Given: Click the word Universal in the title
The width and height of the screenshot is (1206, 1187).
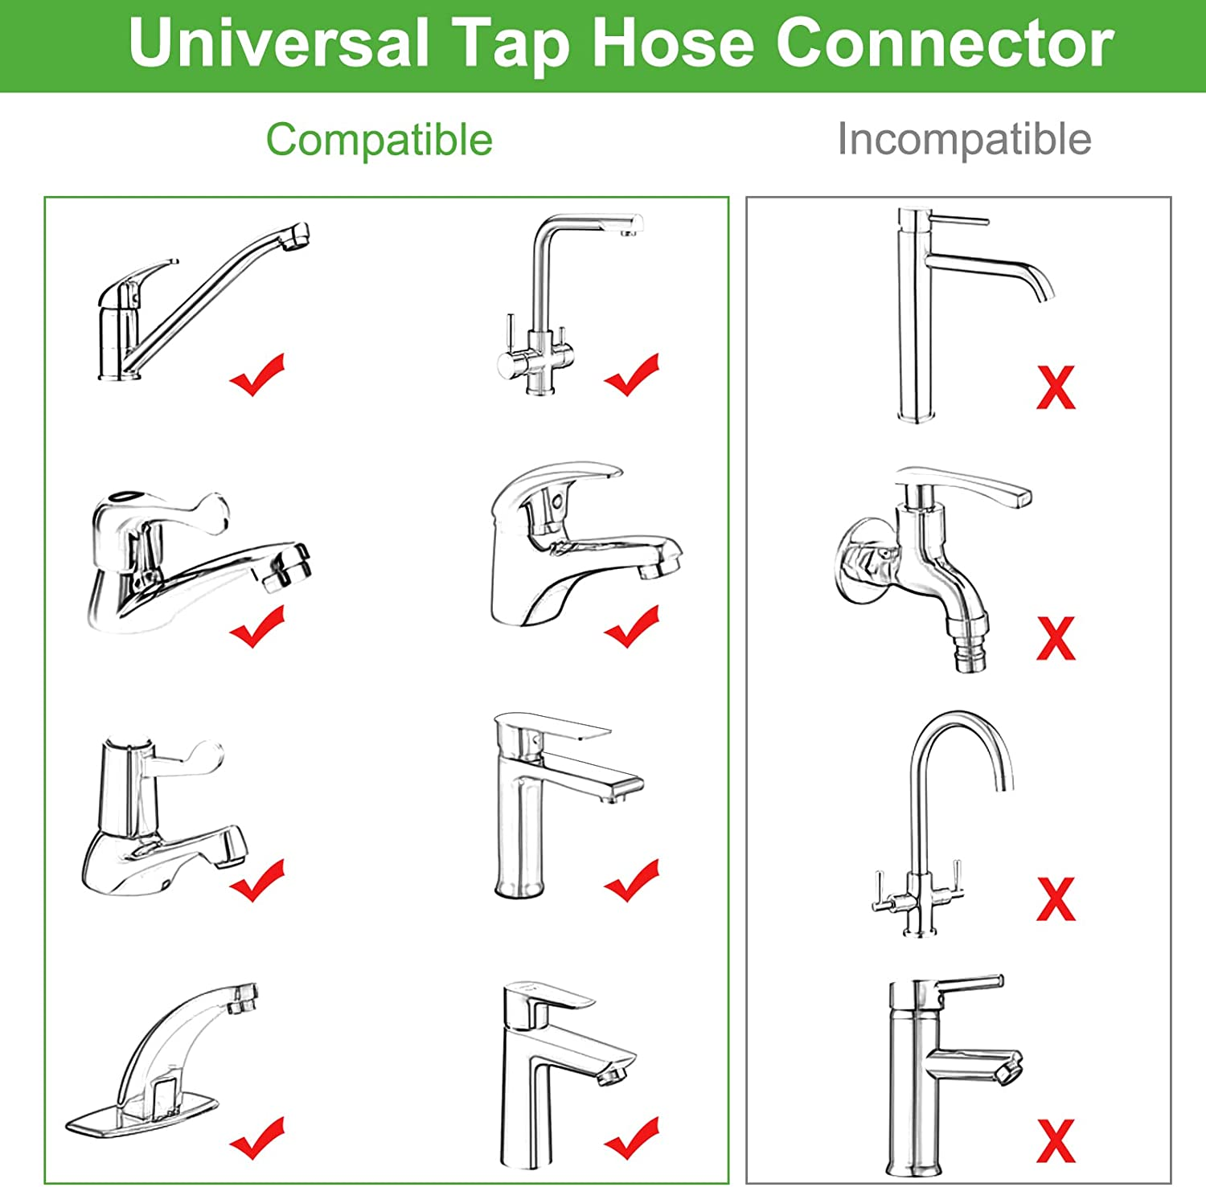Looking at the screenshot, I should (277, 43).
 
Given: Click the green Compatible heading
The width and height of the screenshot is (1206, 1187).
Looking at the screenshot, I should (379, 140).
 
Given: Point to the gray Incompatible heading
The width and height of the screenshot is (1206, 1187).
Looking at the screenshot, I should (964, 139).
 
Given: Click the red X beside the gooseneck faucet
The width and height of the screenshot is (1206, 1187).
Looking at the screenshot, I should (1056, 898).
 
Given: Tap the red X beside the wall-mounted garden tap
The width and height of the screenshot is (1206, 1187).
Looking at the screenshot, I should (1056, 639).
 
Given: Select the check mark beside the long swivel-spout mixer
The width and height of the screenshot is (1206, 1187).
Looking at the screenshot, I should (257, 375).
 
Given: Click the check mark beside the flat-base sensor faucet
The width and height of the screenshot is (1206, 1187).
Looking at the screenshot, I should (257, 1137).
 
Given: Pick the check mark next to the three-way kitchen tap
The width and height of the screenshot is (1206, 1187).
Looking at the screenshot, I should (632, 375).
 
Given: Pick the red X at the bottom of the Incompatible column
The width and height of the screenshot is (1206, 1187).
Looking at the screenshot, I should (1056, 1141).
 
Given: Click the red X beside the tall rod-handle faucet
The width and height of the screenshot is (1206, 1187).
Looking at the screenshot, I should (1056, 388).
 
